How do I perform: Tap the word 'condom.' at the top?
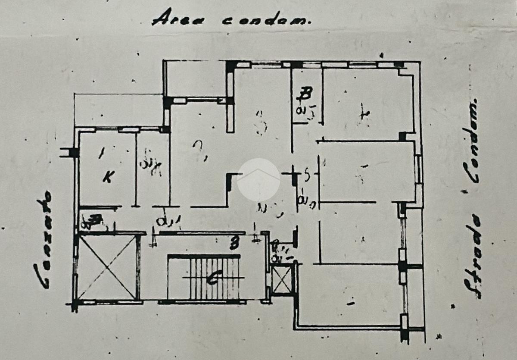click(266, 20)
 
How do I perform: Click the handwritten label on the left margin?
click(43, 240)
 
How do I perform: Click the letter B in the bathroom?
click(306, 94)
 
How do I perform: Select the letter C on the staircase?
click(211, 279)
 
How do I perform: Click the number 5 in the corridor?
click(307, 175)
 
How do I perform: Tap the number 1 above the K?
click(102, 152)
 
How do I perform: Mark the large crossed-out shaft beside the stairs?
click(108, 267)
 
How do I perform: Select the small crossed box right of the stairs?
click(282, 280)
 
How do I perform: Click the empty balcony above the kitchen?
click(118, 110)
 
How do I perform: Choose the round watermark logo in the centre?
click(258, 180)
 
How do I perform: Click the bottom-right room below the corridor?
click(351, 295)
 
